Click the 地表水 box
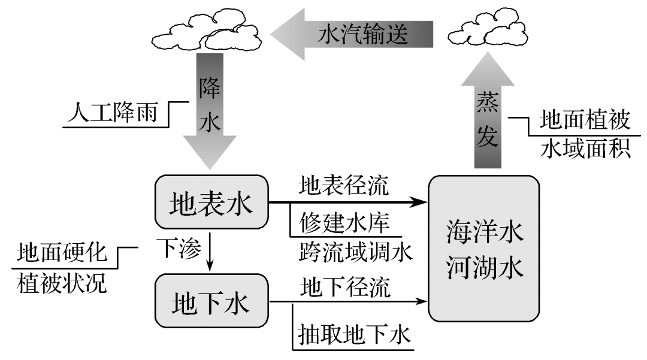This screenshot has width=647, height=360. click(211, 202)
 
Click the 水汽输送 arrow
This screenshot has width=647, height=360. click(353, 35)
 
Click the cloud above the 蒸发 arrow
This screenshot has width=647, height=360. click(486, 31)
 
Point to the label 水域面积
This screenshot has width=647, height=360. click(585, 148)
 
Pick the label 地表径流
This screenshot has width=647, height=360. click(344, 186)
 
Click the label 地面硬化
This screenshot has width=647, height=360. click(62, 253)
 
